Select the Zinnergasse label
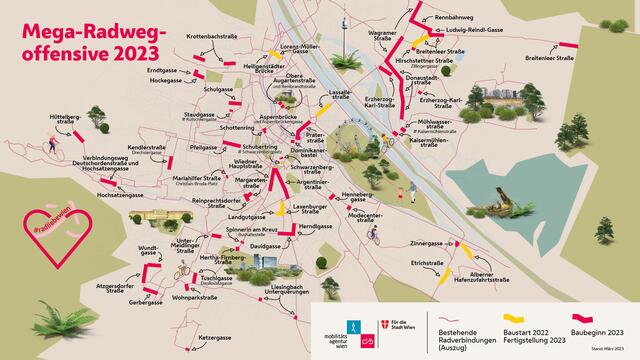pos(425,243)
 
